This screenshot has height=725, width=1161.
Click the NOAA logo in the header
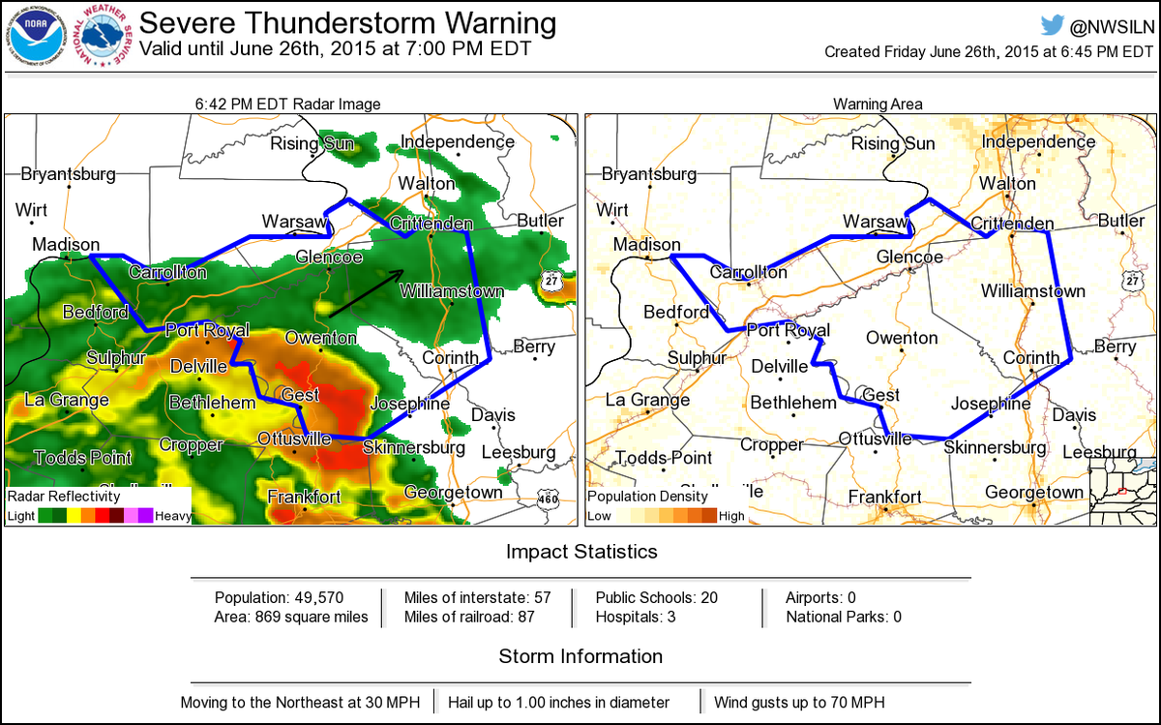point(33,36)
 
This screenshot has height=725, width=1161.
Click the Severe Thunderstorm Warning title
point(348,22)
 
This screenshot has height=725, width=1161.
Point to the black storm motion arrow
point(366,293)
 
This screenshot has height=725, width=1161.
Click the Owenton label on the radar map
point(320,338)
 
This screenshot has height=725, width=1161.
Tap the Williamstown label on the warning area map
point(1032,290)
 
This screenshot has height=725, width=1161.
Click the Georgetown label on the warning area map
point(1034,492)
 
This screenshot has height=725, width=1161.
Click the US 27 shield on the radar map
point(550,279)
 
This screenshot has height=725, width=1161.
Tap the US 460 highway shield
point(549,498)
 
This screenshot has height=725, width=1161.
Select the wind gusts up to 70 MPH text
point(799,702)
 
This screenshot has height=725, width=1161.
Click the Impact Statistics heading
point(580,552)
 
